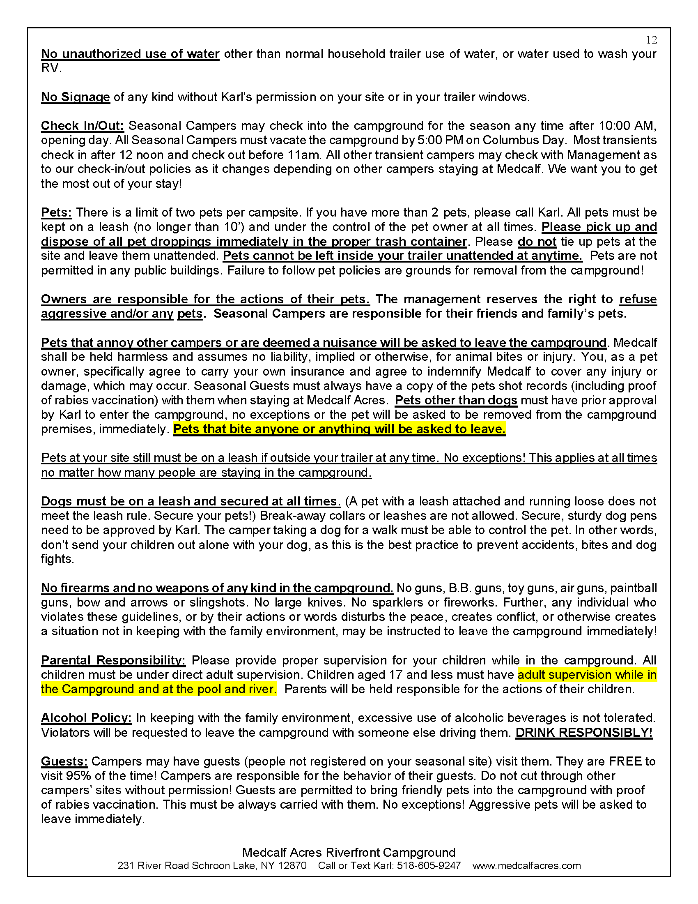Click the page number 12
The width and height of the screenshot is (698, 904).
651,40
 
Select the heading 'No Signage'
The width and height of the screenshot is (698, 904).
75,97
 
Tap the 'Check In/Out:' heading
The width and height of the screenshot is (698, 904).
82,126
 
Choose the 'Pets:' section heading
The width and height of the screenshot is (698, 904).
56,212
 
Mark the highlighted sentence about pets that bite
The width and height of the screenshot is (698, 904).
339,429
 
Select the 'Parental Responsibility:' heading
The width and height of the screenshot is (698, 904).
113,660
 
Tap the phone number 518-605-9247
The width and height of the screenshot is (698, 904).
428,865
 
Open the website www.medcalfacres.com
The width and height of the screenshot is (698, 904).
526,865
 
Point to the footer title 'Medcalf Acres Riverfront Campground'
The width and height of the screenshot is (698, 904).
349,852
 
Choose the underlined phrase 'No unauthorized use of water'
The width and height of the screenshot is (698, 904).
130,54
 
